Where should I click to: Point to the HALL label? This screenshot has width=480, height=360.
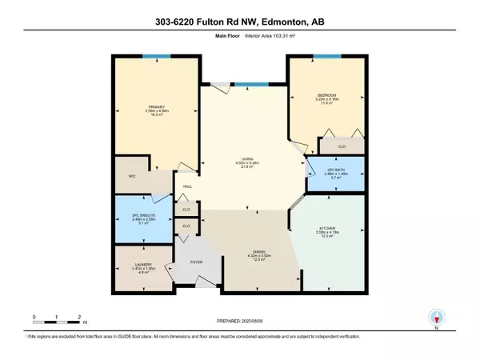(x=187, y=186)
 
